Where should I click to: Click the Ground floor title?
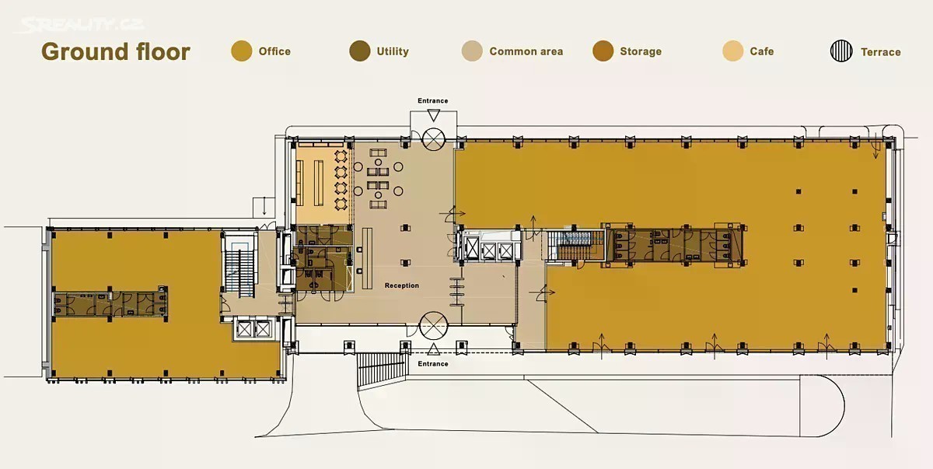point(116,51)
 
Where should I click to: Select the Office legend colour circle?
point(242,51)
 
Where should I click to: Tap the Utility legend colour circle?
point(360,51)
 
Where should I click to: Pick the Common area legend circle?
point(473,51)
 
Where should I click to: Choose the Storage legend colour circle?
point(603,51)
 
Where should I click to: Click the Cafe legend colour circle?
point(732,51)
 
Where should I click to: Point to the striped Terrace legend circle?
point(841,51)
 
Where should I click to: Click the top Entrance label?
point(433,101)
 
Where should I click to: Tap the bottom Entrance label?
point(433,364)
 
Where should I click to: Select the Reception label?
point(401,285)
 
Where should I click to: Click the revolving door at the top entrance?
point(434,139)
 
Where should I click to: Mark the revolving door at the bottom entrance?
point(433,326)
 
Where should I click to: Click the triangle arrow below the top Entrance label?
point(434,115)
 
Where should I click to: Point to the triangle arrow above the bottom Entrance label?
point(434,349)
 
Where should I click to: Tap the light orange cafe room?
point(323,184)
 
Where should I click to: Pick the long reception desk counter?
point(367,258)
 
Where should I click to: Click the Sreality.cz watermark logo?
point(81,25)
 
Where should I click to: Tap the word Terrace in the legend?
point(880,52)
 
